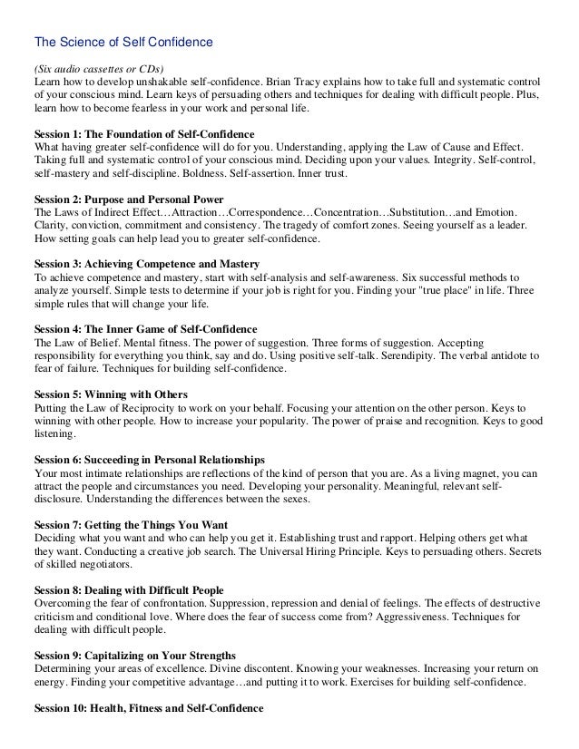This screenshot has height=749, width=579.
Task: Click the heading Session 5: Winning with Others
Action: (x=110, y=394)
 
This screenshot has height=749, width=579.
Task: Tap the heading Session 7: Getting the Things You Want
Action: (x=130, y=525)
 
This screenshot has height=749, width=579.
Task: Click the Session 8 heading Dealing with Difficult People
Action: (x=128, y=590)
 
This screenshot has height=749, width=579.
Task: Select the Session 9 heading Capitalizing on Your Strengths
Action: (x=134, y=656)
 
